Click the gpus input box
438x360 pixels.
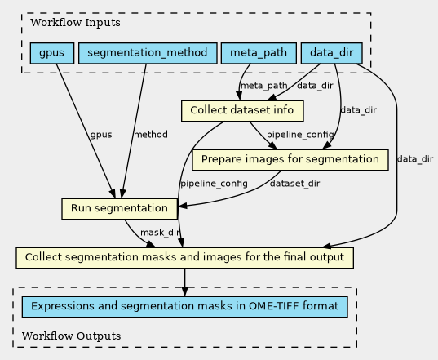52,53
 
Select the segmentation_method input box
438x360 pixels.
148,53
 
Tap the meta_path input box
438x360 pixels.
259,53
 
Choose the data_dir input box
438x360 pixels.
332,53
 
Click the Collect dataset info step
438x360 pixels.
242,111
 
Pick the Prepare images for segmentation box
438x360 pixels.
290,160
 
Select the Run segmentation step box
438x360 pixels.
120,209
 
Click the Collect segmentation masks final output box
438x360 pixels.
184,258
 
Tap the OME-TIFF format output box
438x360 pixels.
184,307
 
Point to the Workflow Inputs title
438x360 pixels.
75,23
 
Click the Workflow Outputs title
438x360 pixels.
72,336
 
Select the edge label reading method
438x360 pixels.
151,135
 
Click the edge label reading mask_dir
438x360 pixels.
160,233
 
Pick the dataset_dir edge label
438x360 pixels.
294,184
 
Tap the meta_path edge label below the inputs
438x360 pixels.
264,86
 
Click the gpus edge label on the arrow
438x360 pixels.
101,135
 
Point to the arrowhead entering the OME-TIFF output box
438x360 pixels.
184,291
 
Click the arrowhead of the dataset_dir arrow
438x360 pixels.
183,207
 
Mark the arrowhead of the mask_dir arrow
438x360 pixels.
151,244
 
